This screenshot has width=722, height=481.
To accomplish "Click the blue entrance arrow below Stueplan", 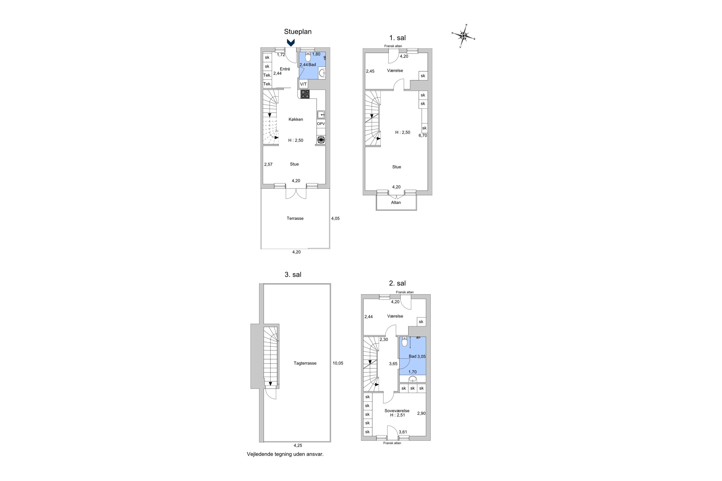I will [290, 42].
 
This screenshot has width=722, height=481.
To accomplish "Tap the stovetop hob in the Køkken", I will [305, 94].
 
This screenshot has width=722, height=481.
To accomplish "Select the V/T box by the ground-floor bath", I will [303, 84].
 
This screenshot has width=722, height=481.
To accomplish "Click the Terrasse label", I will [295, 218].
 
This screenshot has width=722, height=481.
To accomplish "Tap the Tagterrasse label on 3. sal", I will [305, 363].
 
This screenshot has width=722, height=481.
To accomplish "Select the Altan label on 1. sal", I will [396, 202].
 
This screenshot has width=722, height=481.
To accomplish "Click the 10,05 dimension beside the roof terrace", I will [338, 363].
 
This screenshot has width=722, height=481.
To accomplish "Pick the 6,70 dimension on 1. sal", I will [423, 135].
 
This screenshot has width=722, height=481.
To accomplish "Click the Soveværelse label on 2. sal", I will [397, 411].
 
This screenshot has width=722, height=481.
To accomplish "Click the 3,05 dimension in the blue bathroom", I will [421, 356].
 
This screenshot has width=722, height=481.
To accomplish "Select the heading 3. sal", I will [293, 275].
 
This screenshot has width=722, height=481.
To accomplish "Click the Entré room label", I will [285, 69].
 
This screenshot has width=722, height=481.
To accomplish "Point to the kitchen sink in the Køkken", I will [321, 115].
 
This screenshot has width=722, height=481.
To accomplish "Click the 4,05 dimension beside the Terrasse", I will [335, 218].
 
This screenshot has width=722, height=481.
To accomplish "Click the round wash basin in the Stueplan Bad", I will [322, 73].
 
